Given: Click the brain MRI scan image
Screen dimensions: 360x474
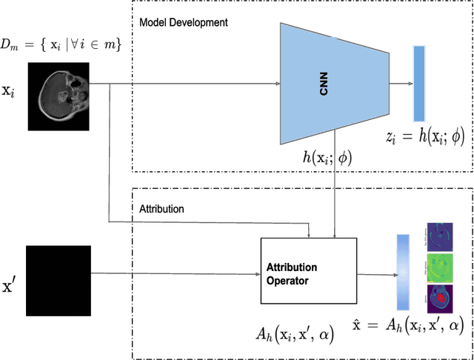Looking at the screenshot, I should click(x=59, y=96).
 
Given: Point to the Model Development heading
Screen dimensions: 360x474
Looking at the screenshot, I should click(x=184, y=23).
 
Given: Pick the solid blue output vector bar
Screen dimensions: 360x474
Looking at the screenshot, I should click(x=419, y=83).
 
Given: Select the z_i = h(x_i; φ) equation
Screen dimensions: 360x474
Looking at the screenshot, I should click(x=425, y=136).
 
